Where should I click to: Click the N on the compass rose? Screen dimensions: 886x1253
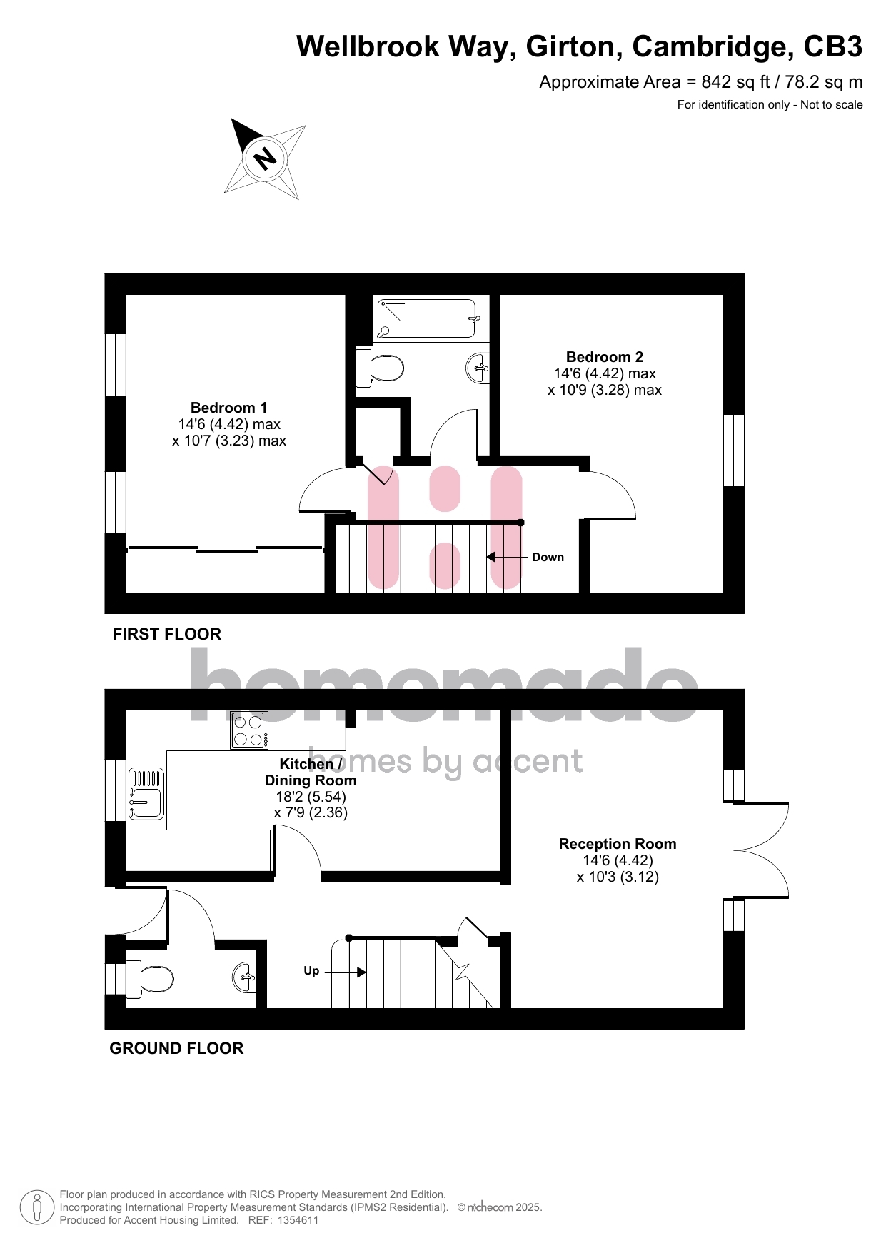coord(266,158)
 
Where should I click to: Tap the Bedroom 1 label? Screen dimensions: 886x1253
coord(229,408)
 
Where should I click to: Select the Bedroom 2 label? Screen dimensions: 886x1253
coord(605,357)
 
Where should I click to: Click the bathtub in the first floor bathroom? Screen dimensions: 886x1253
coord(427,318)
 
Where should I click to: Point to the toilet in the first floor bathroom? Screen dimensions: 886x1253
coord(380,368)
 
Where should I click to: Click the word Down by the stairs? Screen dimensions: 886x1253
coord(548,558)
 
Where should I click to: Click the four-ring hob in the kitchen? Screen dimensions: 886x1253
coord(249,730)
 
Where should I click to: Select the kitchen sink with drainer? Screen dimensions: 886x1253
coord(146,793)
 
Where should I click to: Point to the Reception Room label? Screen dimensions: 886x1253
coord(618,844)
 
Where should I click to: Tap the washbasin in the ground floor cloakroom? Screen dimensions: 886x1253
coord(244,977)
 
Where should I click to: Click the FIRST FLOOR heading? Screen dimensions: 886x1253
coord(167,634)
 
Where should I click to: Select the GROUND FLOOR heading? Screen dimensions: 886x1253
coord(176,1048)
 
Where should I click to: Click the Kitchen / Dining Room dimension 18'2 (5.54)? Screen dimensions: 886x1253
coord(311,797)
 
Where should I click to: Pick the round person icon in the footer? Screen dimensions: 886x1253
coord(37,1207)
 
